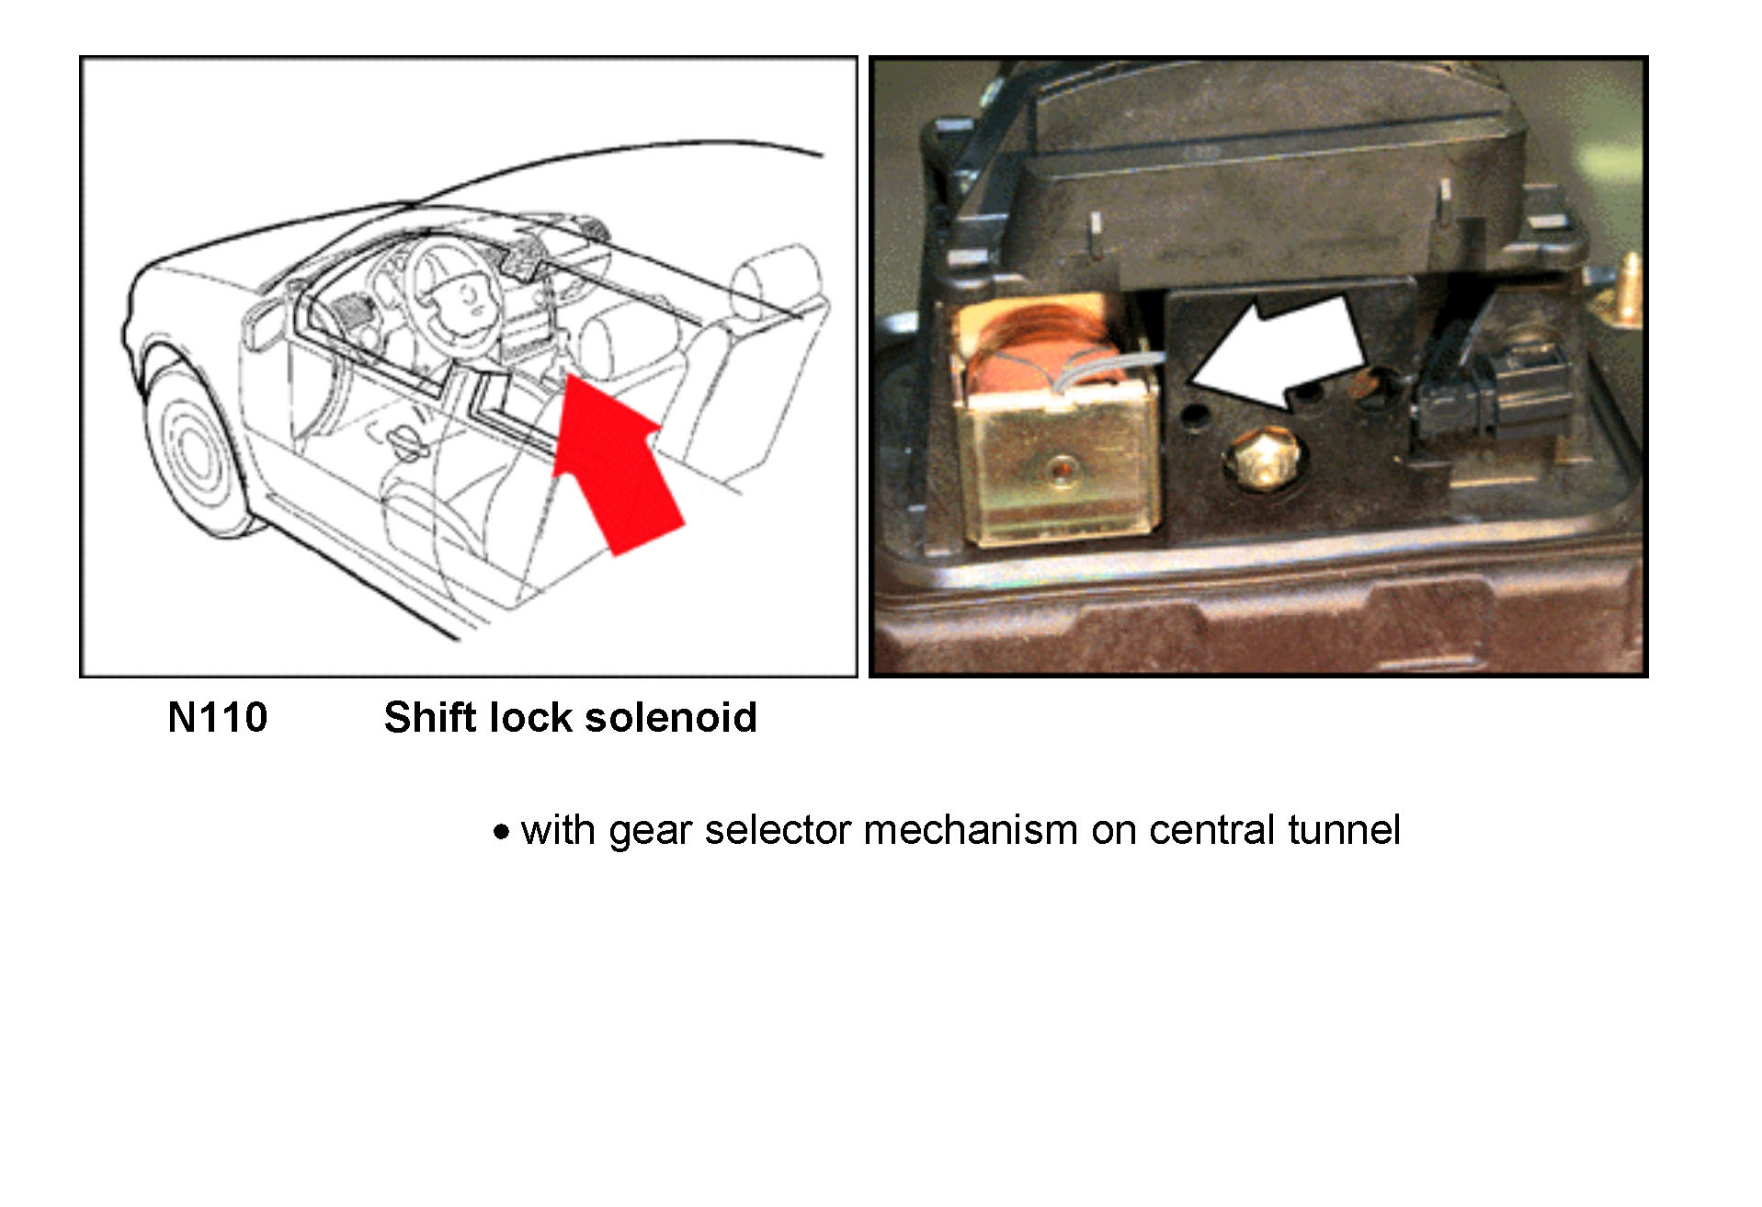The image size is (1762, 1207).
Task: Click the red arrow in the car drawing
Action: [x=616, y=460]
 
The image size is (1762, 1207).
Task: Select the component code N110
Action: [x=218, y=718]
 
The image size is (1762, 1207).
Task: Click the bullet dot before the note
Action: [x=501, y=833]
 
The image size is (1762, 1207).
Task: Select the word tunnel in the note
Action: [x=1344, y=830]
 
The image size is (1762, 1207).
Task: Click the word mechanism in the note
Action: [x=970, y=830]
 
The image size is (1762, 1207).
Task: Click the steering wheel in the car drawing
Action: [x=454, y=294]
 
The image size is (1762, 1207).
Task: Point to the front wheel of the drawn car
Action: [x=195, y=450]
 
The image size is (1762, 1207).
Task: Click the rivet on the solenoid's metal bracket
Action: [x=1062, y=472]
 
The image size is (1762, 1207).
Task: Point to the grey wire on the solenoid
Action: [x=1112, y=368]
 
